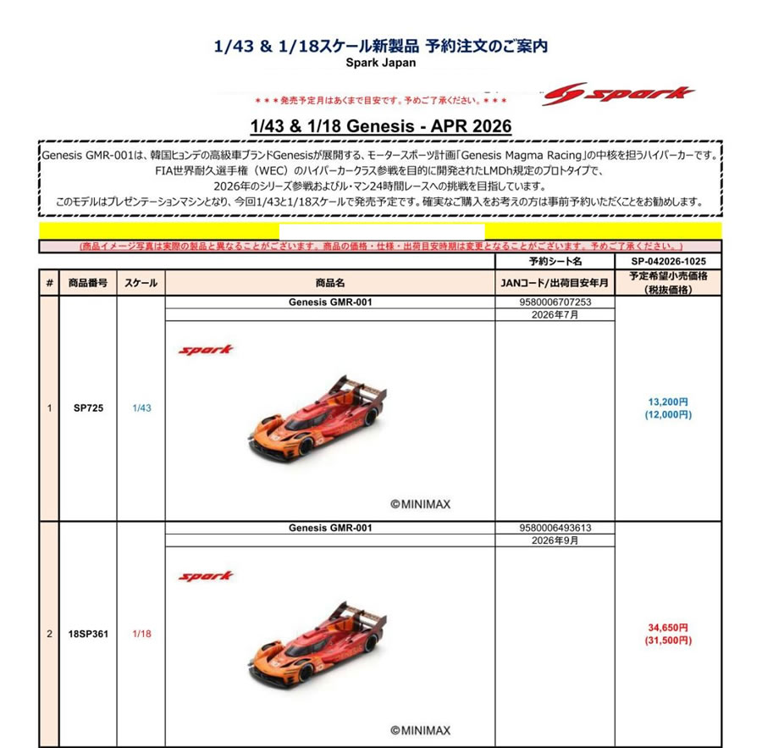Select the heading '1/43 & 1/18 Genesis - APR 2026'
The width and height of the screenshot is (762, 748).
pos(381,125)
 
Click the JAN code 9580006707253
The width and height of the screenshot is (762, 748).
pos(555,302)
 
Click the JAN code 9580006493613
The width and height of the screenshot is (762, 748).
pos(555,528)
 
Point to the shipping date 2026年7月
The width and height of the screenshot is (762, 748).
pos(555,314)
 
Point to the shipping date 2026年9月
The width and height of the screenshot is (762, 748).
pos(555,540)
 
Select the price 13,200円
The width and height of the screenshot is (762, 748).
pos(668,402)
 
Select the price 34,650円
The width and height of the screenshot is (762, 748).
pos(668,628)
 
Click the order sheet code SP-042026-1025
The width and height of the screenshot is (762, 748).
pos(668,261)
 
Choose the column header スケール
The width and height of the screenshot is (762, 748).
pos(140,283)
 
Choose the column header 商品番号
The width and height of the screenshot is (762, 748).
pos(87,283)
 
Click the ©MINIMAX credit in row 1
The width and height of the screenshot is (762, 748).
pos(420,504)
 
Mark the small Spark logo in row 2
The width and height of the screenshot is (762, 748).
pos(205,576)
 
